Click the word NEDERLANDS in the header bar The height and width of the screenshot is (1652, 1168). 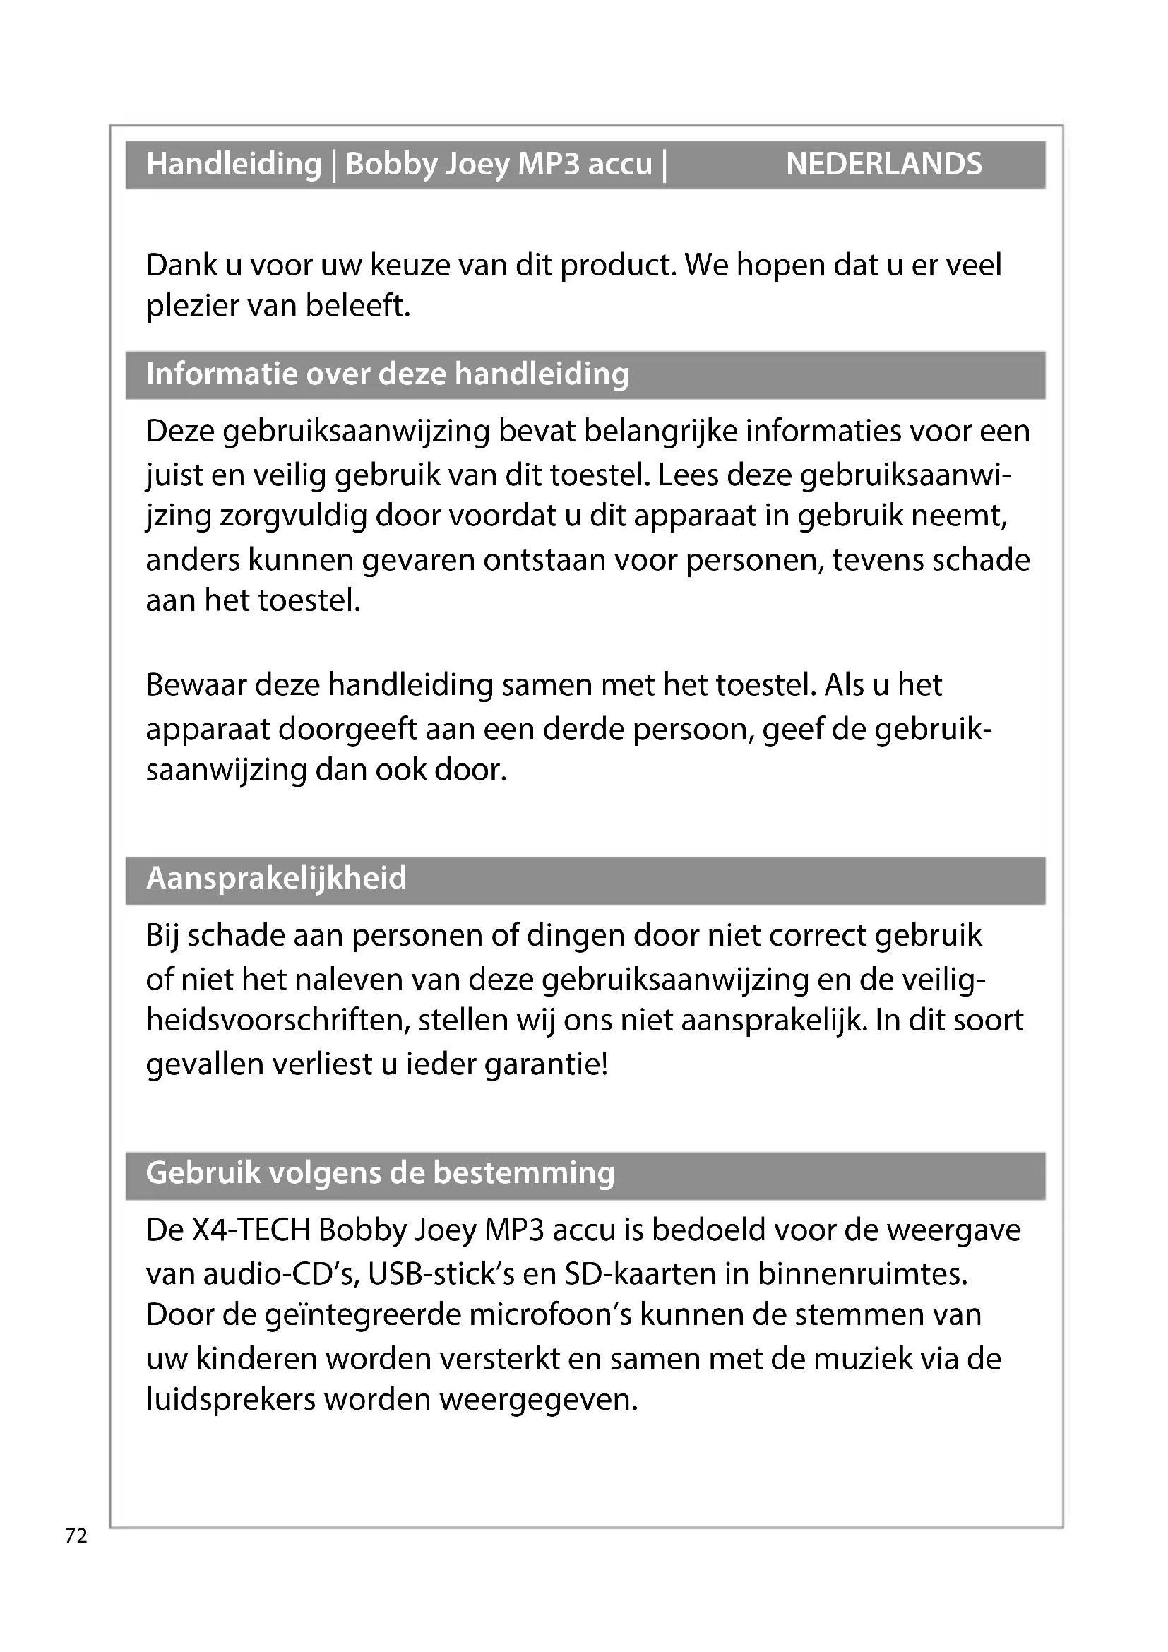coord(883,164)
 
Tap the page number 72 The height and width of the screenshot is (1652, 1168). coord(76,1535)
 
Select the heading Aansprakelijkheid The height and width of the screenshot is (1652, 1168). coord(276,879)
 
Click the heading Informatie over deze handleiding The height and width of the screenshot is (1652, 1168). coord(388,374)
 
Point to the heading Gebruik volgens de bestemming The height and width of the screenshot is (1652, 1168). coord(381,1174)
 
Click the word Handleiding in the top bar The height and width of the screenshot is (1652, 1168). coord(234,164)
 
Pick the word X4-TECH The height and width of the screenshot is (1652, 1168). coord(251,1230)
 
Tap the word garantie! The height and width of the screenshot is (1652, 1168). coord(547,1064)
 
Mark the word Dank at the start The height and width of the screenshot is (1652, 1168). coord(181,266)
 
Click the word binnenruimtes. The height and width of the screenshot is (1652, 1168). coord(862,1274)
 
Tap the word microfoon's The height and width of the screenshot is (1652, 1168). coord(550,1315)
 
